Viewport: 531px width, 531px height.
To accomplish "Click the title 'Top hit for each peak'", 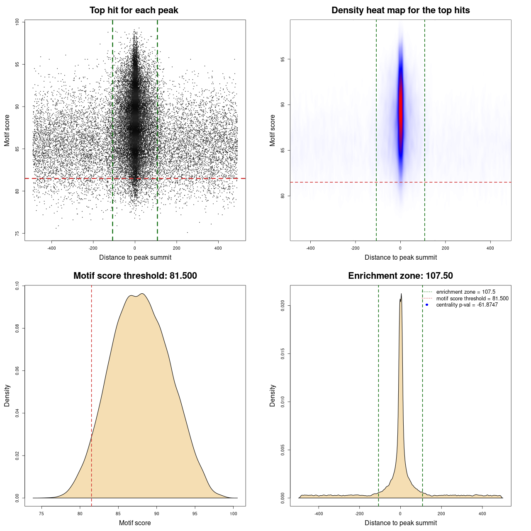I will point(134,10).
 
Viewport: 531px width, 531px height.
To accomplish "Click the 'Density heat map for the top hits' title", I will point(400,10).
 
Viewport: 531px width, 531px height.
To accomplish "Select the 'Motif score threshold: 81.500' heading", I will point(135,276).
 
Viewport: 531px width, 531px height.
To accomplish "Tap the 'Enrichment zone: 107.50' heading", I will point(400,276).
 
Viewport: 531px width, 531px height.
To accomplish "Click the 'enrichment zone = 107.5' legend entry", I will point(465,292).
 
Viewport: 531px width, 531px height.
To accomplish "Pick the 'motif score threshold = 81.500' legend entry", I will point(472,298).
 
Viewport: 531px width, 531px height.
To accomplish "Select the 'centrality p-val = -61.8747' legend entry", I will point(467,305).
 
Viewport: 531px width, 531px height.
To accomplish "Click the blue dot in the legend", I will point(427,305).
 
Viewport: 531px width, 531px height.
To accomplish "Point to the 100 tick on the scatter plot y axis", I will point(17,22).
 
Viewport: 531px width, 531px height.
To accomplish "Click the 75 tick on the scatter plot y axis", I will point(17,234).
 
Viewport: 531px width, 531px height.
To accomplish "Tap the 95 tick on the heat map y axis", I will point(283,59).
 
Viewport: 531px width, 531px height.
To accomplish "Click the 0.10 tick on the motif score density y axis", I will point(17,285).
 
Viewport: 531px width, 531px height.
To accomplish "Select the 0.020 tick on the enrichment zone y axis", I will point(283,306).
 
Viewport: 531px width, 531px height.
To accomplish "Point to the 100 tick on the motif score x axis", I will point(234,514).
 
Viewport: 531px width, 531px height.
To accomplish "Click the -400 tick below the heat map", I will point(310,248).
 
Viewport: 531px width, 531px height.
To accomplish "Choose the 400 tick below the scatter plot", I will point(218,248).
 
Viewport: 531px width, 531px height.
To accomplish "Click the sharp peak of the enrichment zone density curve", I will point(401,294).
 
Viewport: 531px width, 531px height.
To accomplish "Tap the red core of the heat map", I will point(401,112).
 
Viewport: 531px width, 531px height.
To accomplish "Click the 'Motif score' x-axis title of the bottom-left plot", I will point(135,523).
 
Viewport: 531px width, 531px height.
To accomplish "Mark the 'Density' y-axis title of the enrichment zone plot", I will point(273,395).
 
